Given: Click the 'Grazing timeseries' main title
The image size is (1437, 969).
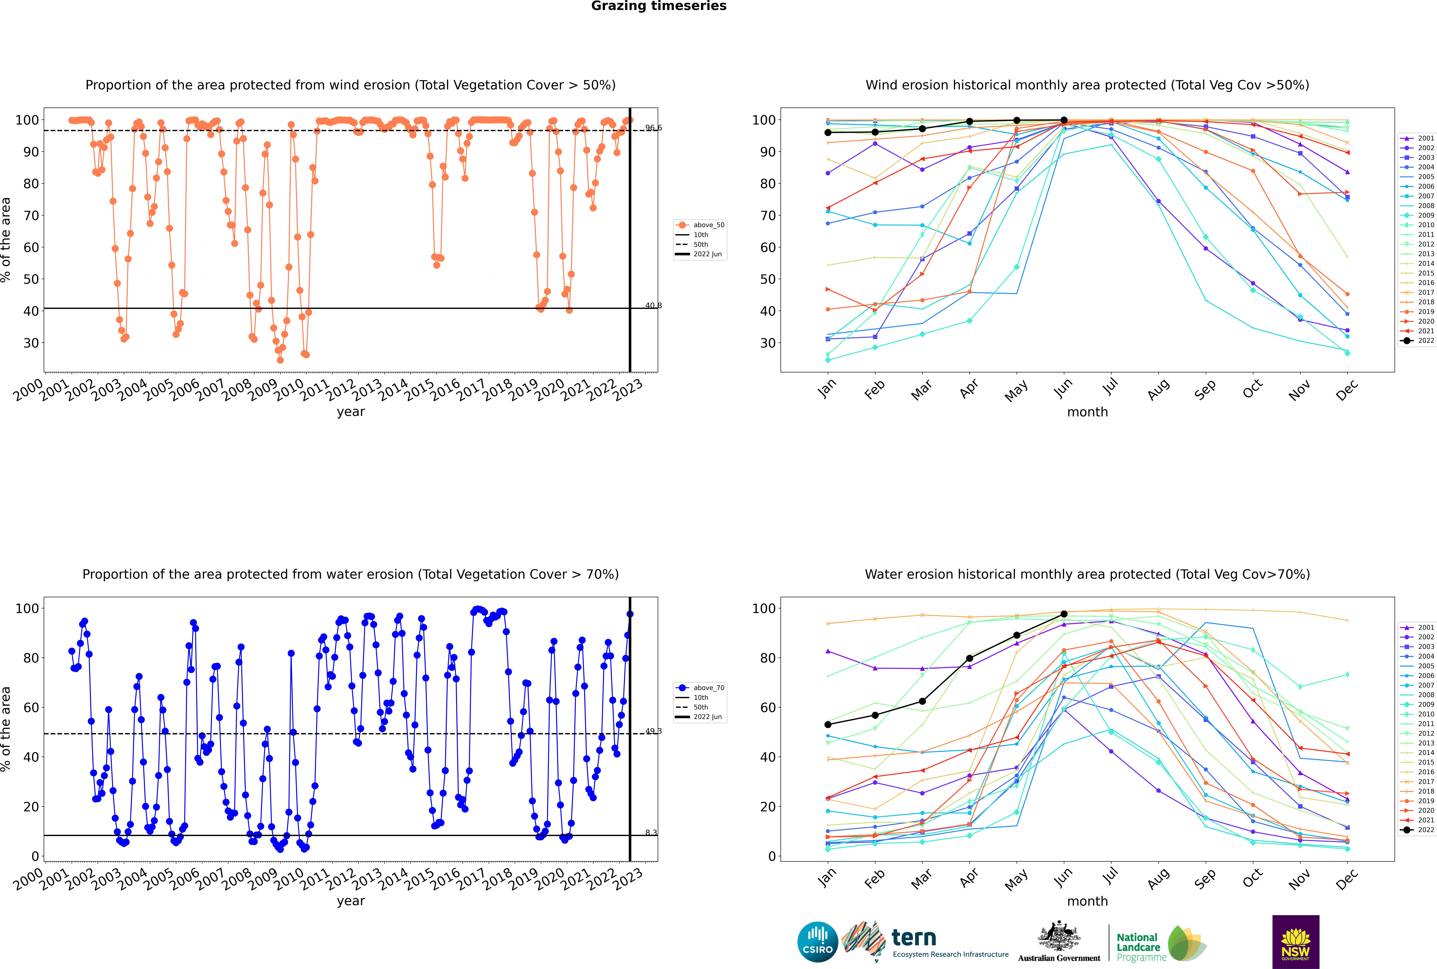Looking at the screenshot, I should coord(659,6).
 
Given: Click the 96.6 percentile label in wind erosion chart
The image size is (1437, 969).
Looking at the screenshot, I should coord(653,128).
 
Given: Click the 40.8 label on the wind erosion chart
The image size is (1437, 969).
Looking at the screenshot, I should coord(653,305).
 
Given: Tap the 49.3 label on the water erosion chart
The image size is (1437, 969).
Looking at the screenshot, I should coord(653,731).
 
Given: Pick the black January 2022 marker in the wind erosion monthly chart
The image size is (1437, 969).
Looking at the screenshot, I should coord(828,133).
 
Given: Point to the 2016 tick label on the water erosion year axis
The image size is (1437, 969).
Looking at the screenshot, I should coord(445,879).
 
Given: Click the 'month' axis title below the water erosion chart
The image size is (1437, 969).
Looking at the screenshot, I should coord(1087,901).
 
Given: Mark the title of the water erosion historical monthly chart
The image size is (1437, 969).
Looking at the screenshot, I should coord(1087,574).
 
